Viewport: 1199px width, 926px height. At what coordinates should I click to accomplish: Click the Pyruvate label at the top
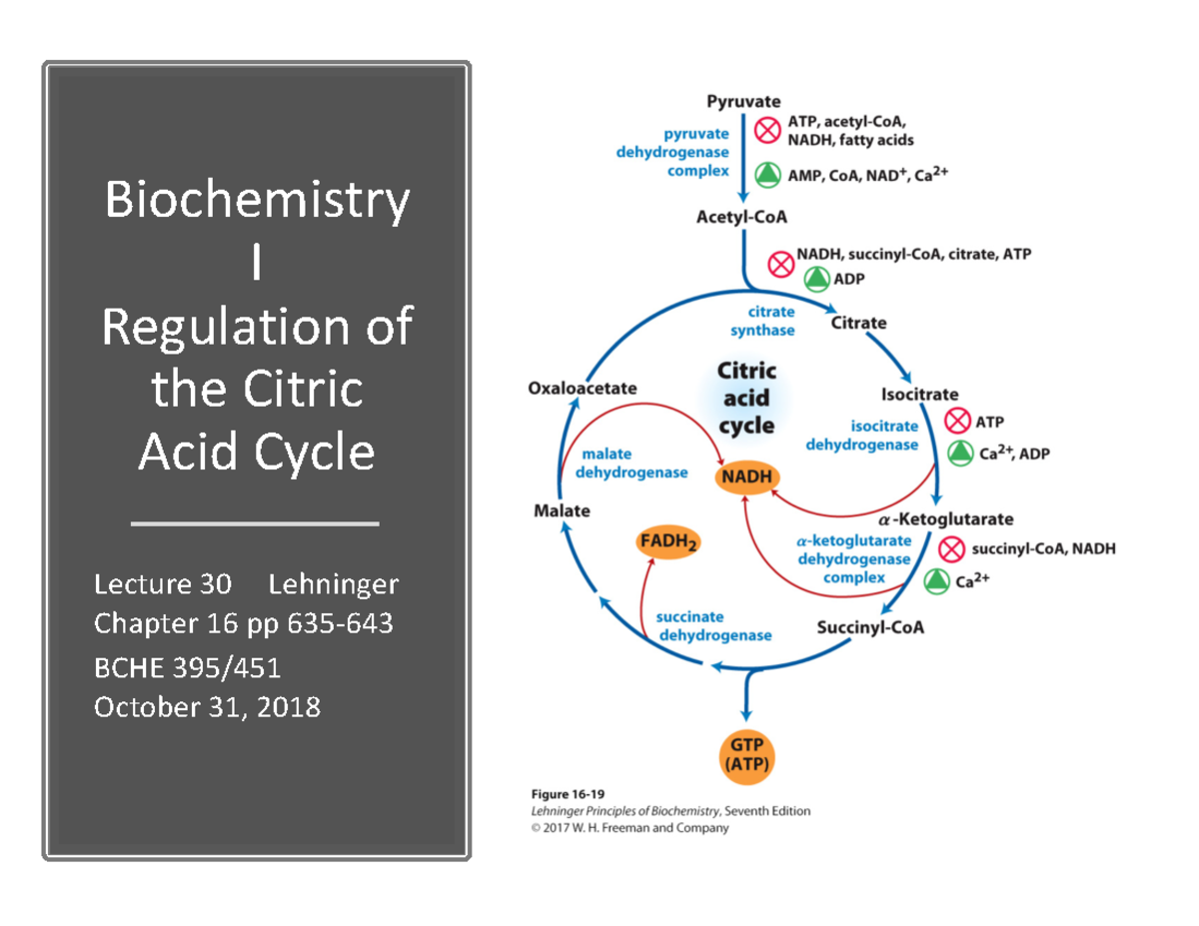point(743,101)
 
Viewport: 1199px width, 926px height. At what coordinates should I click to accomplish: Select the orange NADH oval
point(746,476)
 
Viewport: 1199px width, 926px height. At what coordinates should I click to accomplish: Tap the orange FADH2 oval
point(668,542)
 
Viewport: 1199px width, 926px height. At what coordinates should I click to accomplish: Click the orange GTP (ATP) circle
point(746,755)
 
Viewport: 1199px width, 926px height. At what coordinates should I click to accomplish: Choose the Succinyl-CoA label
point(869,628)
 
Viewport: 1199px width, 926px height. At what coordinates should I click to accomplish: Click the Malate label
point(562,511)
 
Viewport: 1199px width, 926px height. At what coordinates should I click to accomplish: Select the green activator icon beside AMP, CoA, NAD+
point(766,175)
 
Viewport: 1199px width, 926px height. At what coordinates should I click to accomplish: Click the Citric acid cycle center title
point(746,398)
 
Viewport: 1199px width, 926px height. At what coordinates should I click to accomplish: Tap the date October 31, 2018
point(207,707)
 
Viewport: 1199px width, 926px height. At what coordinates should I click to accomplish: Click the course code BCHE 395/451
point(193,666)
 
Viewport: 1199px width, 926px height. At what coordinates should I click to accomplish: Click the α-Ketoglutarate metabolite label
point(945,519)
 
